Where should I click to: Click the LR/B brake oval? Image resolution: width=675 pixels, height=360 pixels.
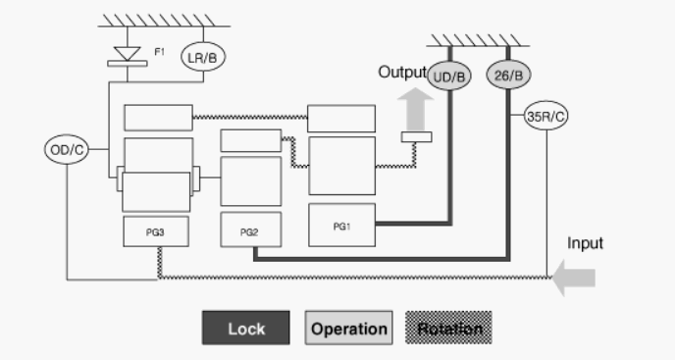203,57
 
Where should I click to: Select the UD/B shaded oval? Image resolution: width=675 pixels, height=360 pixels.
449,76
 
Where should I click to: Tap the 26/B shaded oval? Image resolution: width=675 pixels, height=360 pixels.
508,75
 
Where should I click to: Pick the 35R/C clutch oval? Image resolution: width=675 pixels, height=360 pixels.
545,116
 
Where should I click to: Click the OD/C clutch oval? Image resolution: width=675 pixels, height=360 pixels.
67,149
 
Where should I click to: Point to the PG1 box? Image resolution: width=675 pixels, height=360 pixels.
341,226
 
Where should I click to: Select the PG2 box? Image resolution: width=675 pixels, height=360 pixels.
251,230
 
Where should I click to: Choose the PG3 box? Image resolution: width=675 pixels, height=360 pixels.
156,231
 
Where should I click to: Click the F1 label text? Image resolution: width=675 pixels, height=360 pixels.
159,52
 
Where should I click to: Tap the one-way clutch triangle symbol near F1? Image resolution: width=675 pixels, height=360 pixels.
128,54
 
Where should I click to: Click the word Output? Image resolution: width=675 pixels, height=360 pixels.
402,72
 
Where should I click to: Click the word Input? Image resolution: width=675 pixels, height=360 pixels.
585,243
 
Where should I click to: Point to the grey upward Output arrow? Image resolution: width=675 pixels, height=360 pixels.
415,110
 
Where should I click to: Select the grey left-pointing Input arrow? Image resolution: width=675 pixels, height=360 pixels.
573,278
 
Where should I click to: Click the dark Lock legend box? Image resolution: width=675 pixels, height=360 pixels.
246,328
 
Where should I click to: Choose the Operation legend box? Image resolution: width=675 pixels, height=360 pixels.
348,328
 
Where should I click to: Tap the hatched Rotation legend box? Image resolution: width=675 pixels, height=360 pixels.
448,328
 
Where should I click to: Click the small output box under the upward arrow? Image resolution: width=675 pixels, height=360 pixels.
417,137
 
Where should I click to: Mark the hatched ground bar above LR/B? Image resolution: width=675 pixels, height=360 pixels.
164,21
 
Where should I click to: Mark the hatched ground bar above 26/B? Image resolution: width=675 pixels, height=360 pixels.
478,40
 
